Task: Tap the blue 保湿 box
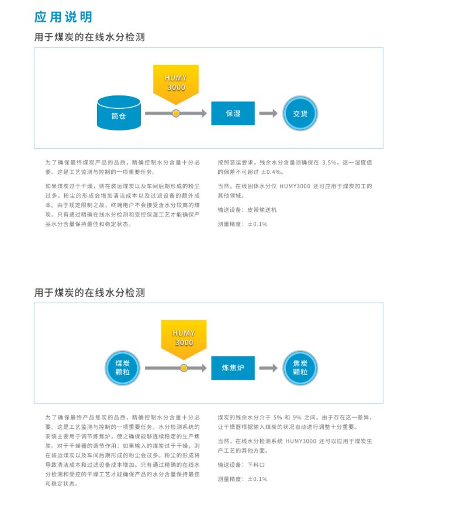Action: [233, 114]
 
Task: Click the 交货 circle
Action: [300, 114]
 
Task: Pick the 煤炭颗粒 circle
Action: [123, 368]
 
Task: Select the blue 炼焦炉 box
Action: [233, 369]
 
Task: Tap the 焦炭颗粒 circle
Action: [300, 368]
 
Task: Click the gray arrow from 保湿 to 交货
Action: [268, 114]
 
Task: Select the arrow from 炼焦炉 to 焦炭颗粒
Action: [268, 369]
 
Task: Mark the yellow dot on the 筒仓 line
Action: [175, 114]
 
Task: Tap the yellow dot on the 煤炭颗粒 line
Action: [184, 369]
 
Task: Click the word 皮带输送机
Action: [262, 209]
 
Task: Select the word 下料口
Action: [256, 464]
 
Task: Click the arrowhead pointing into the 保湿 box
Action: [203, 114]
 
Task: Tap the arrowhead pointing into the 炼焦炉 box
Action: [203, 369]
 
